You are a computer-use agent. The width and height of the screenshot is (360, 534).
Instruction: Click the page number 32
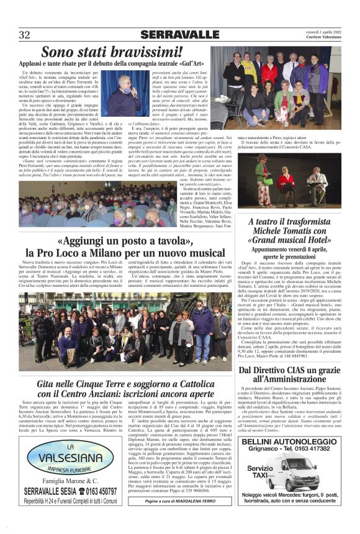(24, 34)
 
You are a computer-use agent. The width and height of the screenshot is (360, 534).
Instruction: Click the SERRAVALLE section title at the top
(179, 34)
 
